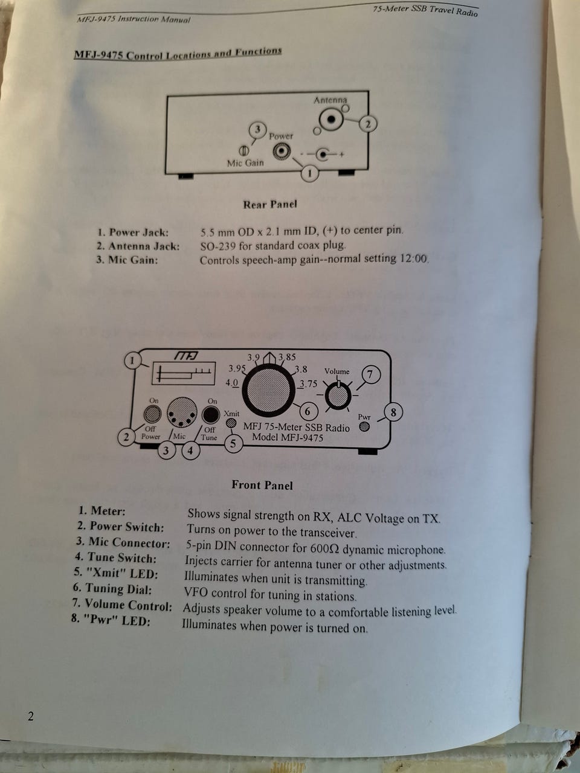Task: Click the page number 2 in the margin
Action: click(x=31, y=717)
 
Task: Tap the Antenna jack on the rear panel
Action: click(x=330, y=120)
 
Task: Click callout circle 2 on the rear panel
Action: click(x=368, y=124)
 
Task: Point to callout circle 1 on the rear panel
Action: click(x=309, y=173)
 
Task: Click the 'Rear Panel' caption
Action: click(x=270, y=204)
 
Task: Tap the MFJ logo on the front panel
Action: click(x=186, y=356)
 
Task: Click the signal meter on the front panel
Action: click(x=183, y=374)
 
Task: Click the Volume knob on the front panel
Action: click(x=338, y=396)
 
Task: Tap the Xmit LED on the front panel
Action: click(x=231, y=423)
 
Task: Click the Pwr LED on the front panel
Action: click(x=364, y=426)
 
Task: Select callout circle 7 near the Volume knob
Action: click(x=370, y=374)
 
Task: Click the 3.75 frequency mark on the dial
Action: click(x=308, y=384)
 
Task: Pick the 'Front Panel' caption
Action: click(x=262, y=485)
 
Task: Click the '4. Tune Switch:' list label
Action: click(x=115, y=558)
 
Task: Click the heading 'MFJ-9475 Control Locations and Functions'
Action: click(x=178, y=54)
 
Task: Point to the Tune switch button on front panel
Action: click(x=210, y=415)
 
